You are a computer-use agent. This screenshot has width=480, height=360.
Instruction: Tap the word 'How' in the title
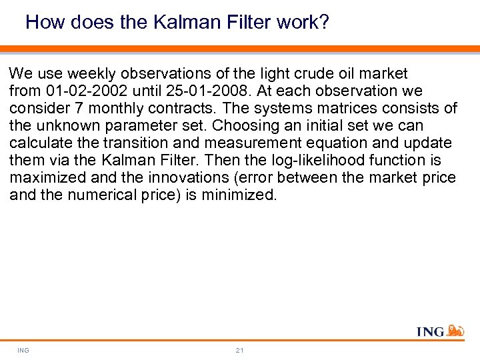pos(45,23)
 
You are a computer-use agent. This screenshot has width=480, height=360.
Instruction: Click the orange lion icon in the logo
pos(455,330)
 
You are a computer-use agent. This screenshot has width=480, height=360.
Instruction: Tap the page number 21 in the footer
pos(239,350)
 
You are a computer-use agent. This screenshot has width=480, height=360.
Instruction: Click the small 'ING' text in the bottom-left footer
pos(23,350)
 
